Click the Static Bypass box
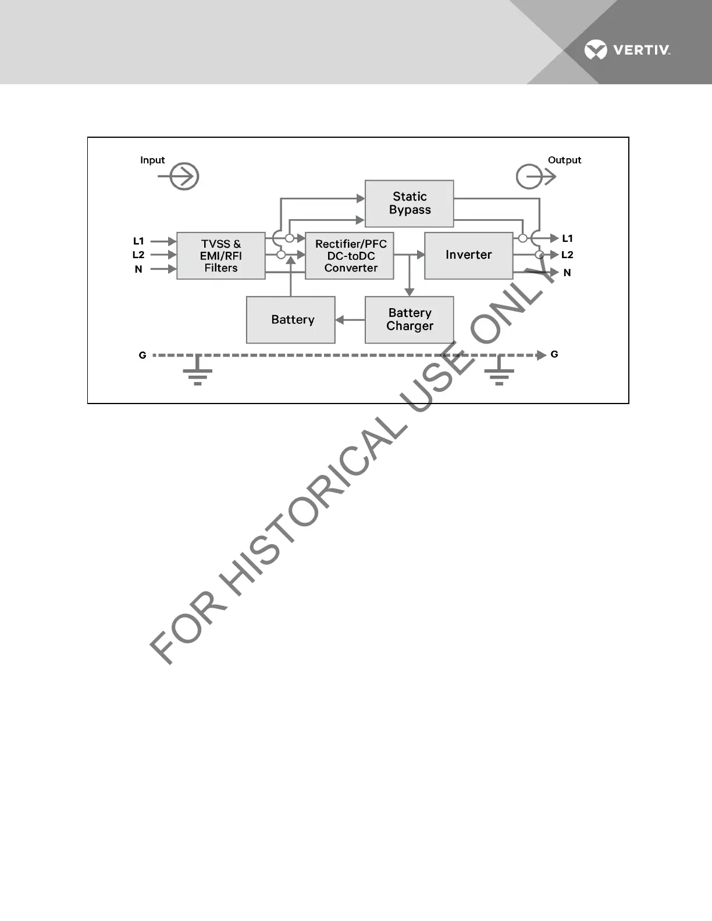[x=409, y=204]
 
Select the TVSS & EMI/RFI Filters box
[x=221, y=256]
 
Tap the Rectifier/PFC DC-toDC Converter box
[x=350, y=256]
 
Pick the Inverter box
[x=468, y=256]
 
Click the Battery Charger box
[x=409, y=320]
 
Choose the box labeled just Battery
[x=291, y=320]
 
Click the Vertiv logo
[x=627, y=50]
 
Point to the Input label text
[x=152, y=160]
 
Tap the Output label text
[x=564, y=160]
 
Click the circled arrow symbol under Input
[x=183, y=177]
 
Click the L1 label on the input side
[x=138, y=241]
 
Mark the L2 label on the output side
[x=567, y=255]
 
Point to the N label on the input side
[x=138, y=269]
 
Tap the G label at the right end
[x=554, y=354]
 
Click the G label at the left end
[x=143, y=355]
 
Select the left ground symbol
[x=198, y=372]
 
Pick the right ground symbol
[x=499, y=372]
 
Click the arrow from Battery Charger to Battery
[x=350, y=320]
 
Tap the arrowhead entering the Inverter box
[x=421, y=255]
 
